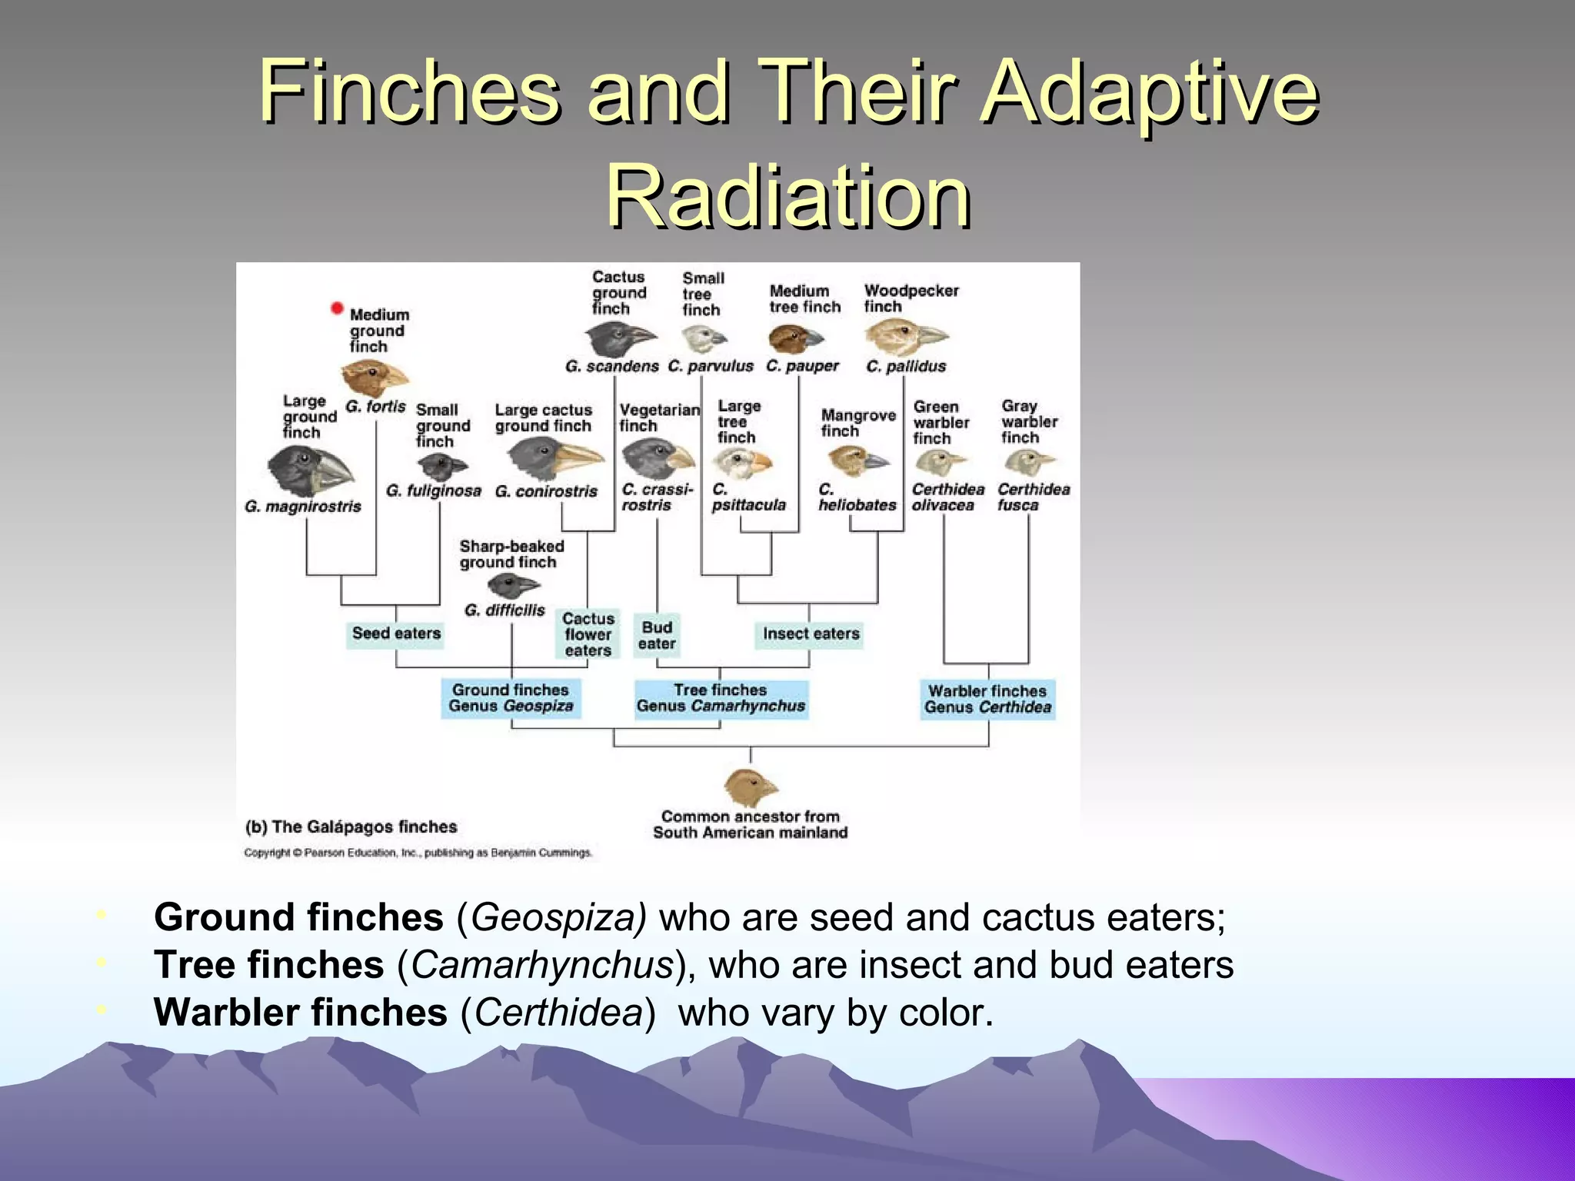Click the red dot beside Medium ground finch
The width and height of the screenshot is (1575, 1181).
(337, 308)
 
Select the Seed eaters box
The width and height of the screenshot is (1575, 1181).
(395, 634)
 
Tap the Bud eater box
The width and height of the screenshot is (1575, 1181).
(657, 636)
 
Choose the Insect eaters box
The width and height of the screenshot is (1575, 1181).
(810, 634)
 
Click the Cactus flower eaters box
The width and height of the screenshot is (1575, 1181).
(588, 634)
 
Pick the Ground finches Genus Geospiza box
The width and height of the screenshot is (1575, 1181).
(511, 698)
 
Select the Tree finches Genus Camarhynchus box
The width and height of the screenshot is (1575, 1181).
(721, 698)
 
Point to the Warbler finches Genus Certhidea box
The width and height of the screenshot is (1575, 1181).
(987, 699)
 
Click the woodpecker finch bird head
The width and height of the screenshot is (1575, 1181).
(906, 336)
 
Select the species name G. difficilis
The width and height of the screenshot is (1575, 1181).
(504, 610)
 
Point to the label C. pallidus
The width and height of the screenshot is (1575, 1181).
(906, 367)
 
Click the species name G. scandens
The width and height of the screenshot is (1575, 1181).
(611, 367)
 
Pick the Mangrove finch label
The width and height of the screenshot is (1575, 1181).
(857, 423)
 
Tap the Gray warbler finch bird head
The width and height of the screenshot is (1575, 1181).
(1028, 463)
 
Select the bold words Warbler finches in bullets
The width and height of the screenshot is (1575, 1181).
(300, 1013)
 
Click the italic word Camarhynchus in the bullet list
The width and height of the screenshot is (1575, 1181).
(542, 965)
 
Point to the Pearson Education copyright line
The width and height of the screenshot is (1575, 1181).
(418, 853)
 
